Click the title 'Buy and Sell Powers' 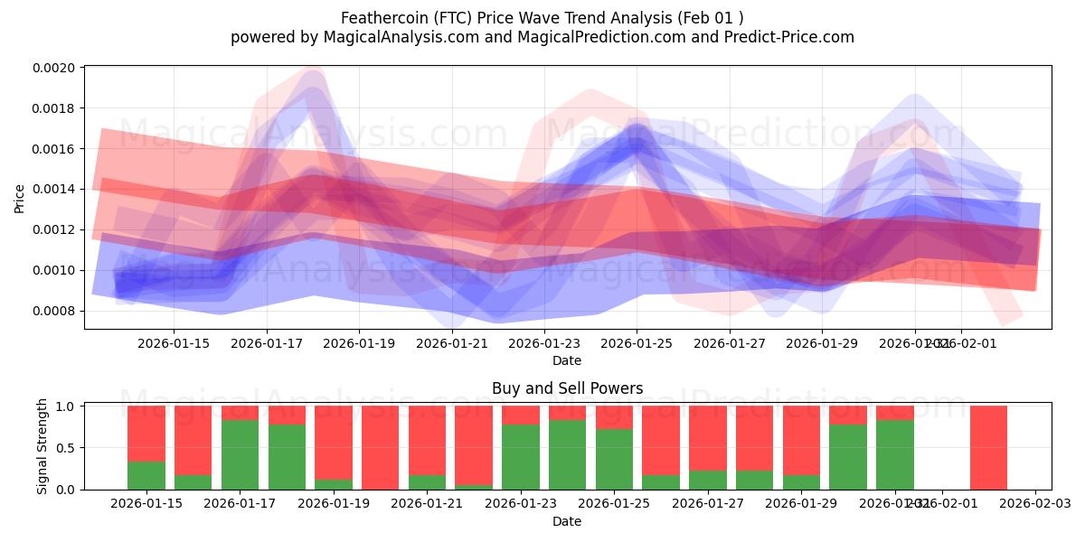[567, 388]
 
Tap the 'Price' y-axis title [20, 198]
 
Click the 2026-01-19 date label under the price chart [359, 343]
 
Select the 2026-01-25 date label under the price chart [637, 343]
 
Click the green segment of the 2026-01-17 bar [240, 454]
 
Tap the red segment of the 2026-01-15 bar [146, 434]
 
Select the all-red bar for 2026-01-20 [380, 447]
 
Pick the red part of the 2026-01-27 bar [707, 438]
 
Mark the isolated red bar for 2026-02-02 [988, 447]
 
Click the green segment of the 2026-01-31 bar [894, 454]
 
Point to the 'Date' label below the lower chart [567, 521]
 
